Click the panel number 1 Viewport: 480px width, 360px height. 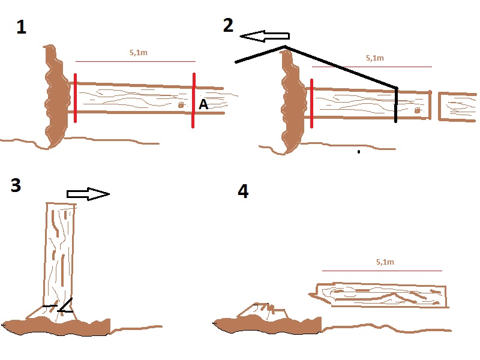coord(21,28)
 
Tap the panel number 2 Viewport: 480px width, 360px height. coord(228,25)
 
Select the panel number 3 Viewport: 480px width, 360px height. coord(16,185)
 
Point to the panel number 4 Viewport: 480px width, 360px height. coord(242,191)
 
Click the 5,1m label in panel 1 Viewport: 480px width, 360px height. coord(138,53)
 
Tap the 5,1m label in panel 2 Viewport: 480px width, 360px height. coord(374,58)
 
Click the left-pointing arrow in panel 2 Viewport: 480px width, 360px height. coord(265,37)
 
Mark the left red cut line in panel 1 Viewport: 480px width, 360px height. coord(75,98)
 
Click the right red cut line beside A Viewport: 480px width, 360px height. coord(193,100)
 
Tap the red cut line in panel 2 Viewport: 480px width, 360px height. coord(311,103)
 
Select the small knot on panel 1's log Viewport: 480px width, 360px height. coord(181,105)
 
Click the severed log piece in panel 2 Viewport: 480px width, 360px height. coord(458,107)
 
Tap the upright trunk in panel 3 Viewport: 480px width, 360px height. coord(59,252)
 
